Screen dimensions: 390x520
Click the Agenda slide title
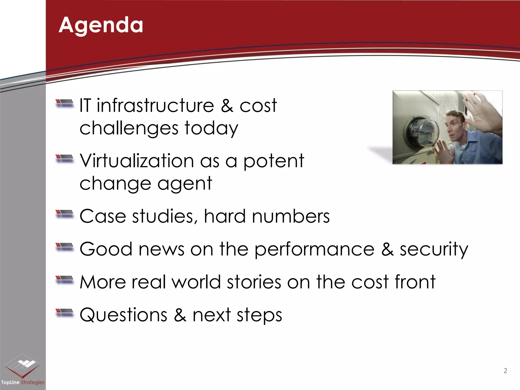pyautogui.click(x=101, y=25)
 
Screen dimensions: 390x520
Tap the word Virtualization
pyautogui.click(x=137, y=161)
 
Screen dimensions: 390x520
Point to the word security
pyautogui.click(x=434, y=249)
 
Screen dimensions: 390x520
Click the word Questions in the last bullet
pyautogui.click(x=123, y=315)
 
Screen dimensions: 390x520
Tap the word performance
pyautogui.click(x=314, y=249)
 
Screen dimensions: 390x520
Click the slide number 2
pyautogui.click(x=505, y=371)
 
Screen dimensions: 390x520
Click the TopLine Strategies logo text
pyautogui.click(x=23, y=382)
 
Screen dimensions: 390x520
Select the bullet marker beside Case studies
pyautogui.click(x=64, y=214)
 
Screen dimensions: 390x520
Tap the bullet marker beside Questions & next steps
pyautogui.click(x=64, y=313)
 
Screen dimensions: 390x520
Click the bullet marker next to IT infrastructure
pyautogui.click(x=64, y=103)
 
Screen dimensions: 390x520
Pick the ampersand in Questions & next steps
pyautogui.click(x=180, y=315)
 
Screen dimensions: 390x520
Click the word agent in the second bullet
pyautogui.click(x=185, y=183)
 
